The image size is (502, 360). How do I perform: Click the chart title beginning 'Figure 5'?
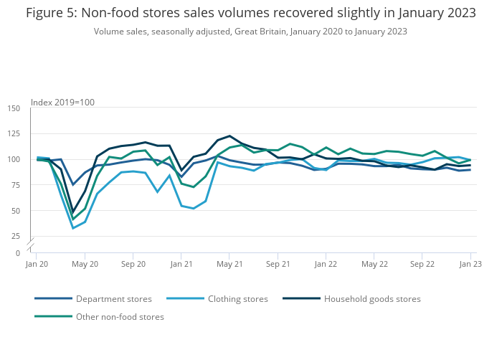[250, 13]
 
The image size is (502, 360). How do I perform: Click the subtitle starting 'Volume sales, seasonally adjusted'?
[250, 32]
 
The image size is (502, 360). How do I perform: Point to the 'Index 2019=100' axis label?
[62, 103]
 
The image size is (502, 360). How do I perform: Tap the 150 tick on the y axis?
[14, 108]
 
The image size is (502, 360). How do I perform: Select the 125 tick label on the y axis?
[14, 134]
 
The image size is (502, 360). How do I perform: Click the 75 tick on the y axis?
[16, 185]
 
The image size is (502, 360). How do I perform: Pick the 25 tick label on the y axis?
[16, 236]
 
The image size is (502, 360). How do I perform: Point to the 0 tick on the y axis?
[18, 253]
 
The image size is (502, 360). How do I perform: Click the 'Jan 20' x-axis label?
[37, 264]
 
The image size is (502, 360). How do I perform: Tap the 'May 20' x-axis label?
[85, 264]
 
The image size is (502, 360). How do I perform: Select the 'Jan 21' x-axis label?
[181, 264]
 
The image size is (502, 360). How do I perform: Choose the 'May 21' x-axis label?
[229, 264]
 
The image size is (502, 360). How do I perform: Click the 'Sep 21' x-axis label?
[278, 264]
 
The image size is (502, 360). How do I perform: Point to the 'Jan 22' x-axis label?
[326, 264]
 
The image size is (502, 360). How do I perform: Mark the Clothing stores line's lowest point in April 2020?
[72, 228]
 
